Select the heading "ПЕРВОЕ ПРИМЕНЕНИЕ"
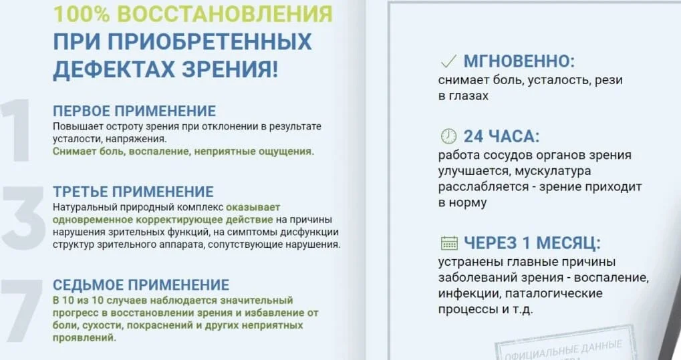click(x=134, y=111)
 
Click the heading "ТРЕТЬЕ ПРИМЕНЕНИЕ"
click(x=133, y=192)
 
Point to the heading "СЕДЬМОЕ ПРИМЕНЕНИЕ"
click(x=141, y=285)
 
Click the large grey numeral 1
click(x=18, y=132)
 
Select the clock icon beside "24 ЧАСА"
click(x=448, y=136)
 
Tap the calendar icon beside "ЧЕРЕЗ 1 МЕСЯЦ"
click(x=448, y=242)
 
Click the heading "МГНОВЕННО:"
click(x=519, y=62)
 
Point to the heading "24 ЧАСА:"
click(x=501, y=136)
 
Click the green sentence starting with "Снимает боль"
click(x=182, y=152)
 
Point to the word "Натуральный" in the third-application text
click(x=80, y=207)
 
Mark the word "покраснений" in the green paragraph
click(x=153, y=325)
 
